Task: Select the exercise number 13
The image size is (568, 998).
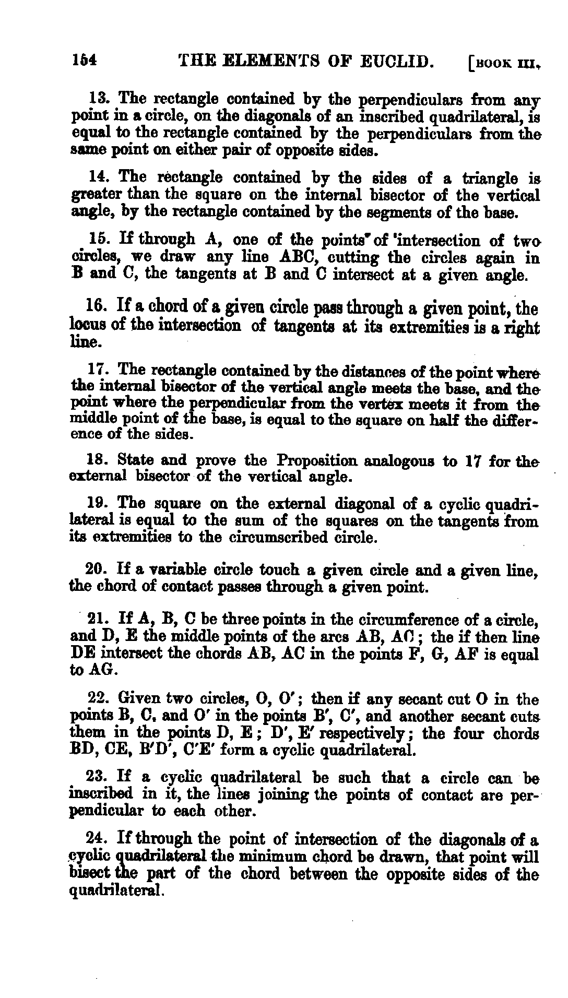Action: [x=98, y=98]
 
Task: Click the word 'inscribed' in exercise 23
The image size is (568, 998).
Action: [x=102, y=795]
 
